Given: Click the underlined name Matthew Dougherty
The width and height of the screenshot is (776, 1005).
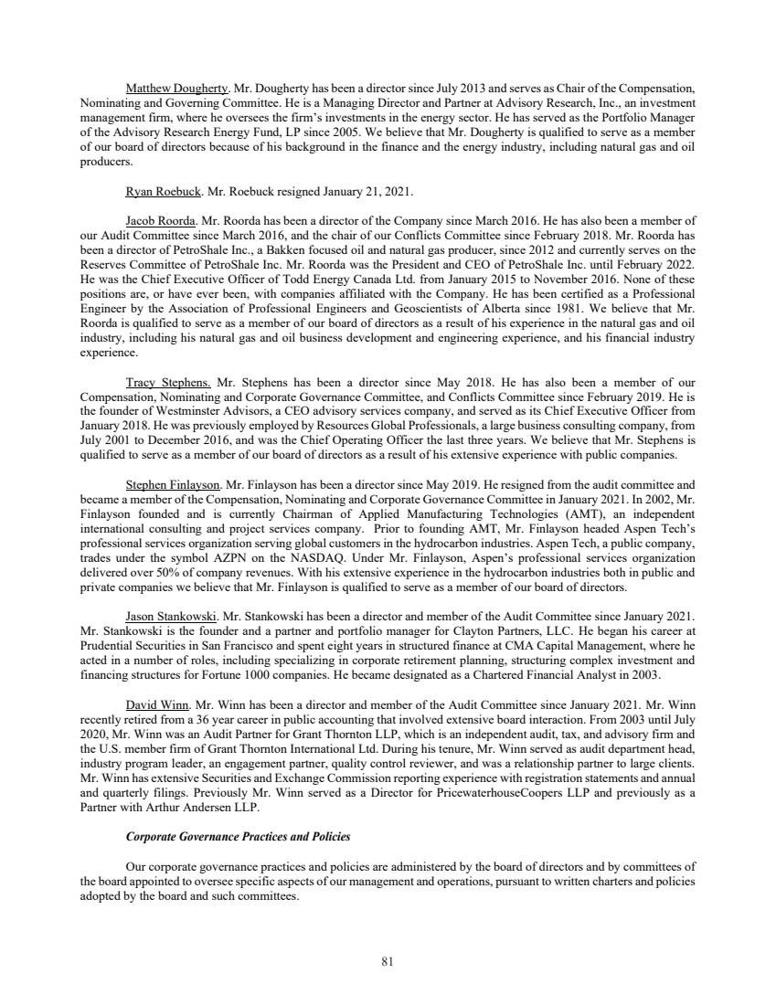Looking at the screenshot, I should (x=177, y=90).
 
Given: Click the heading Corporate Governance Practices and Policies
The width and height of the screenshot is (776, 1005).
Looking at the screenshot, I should (x=238, y=837).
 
